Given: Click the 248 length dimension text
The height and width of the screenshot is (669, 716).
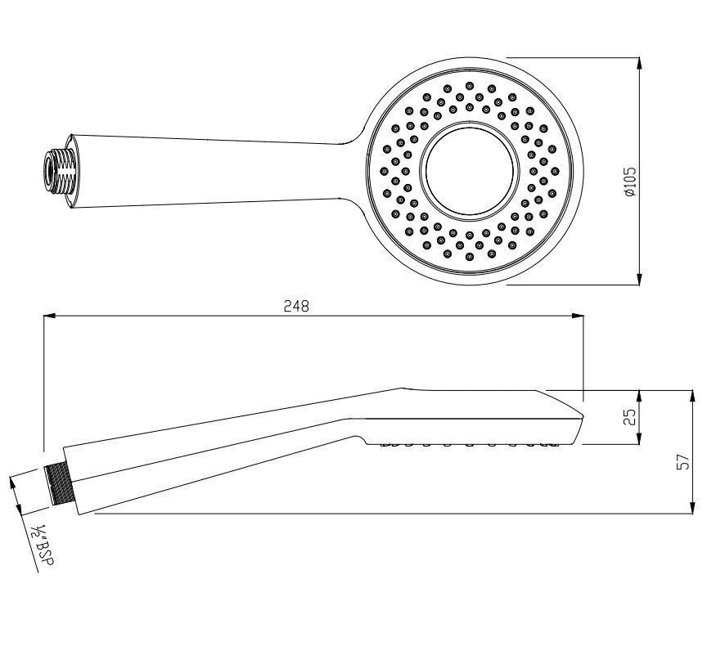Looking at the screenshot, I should click(x=295, y=306).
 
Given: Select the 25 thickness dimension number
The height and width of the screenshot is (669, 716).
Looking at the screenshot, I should click(x=629, y=417).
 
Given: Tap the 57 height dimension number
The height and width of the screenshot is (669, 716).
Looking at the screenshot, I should click(x=684, y=461).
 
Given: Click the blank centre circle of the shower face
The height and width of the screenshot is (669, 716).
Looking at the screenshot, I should click(x=470, y=171).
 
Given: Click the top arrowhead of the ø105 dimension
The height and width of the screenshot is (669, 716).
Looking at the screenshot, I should click(x=639, y=63).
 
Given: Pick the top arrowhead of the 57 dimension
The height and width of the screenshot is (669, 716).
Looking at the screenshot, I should click(x=693, y=395).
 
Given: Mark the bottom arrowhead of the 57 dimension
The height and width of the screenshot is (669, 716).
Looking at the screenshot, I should click(x=693, y=508).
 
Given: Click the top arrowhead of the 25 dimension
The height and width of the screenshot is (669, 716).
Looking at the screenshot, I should click(x=638, y=394).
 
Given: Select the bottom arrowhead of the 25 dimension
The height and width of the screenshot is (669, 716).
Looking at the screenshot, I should click(x=638, y=439).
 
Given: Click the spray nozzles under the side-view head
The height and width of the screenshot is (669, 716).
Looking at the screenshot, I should click(x=471, y=445).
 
